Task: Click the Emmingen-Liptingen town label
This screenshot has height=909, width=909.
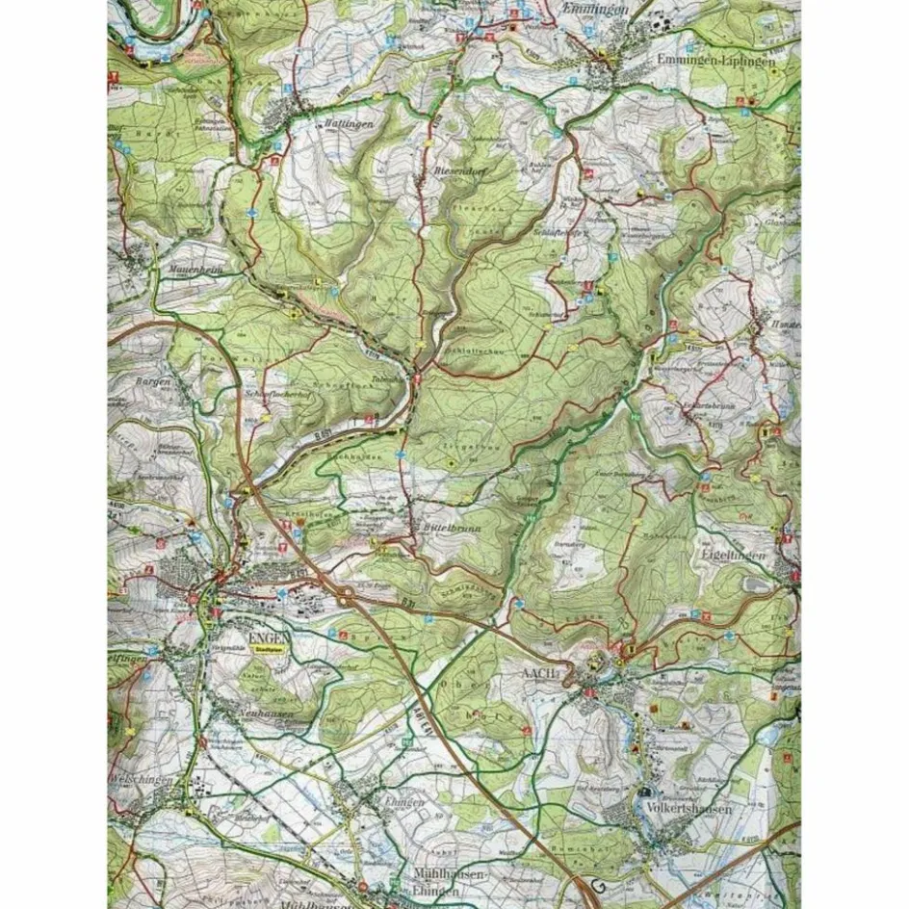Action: pos(716,60)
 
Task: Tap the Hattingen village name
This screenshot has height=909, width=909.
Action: pos(320,125)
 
